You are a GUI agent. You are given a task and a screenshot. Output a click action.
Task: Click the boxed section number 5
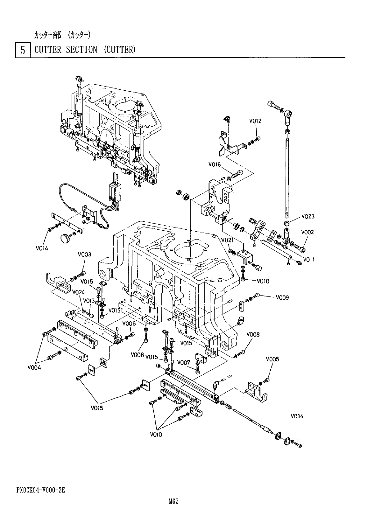coord(23,50)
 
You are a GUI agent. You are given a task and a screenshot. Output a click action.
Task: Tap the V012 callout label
coord(255,121)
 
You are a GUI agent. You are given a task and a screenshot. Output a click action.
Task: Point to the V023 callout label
coord(308,217)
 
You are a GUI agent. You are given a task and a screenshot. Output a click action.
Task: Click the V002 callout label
coord(308,232)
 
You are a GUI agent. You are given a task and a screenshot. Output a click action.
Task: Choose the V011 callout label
coord(308,259)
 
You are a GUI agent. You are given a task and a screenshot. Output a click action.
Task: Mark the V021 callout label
coord(227,240)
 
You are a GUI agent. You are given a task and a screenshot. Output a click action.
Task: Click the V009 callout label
coord(282,298)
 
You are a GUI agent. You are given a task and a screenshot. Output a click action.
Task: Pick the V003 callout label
coord(84,255)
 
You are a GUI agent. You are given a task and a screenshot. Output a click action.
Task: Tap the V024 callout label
coord(78,292)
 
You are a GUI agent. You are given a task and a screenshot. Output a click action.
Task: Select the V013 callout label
coord(89,301)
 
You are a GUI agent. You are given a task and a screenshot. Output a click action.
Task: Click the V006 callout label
coord(129,324)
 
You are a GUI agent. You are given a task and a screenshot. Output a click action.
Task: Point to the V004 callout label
coord(34,368)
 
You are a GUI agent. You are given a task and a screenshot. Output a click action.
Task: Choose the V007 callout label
coord(184,362)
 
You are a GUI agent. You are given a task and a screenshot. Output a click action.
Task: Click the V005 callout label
coord(272,359)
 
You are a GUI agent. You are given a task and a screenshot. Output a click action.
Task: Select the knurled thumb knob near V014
coord(66,238)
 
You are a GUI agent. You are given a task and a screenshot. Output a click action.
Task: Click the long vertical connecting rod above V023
coord(287,175)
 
